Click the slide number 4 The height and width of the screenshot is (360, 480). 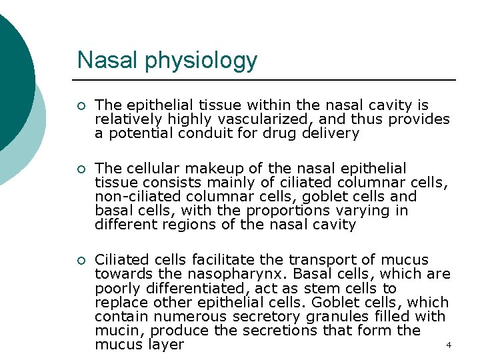coord(449,345)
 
